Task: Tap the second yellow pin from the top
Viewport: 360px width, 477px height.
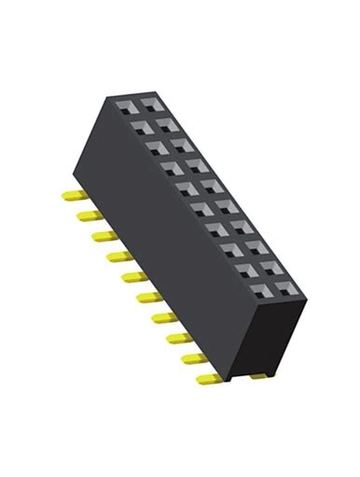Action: [x=83, y=216]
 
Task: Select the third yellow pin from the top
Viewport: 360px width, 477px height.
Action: [x=96, y=235]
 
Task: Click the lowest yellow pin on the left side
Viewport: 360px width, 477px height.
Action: [x=209, y=379]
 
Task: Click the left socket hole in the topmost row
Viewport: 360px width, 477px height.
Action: [x=126, y=105]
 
